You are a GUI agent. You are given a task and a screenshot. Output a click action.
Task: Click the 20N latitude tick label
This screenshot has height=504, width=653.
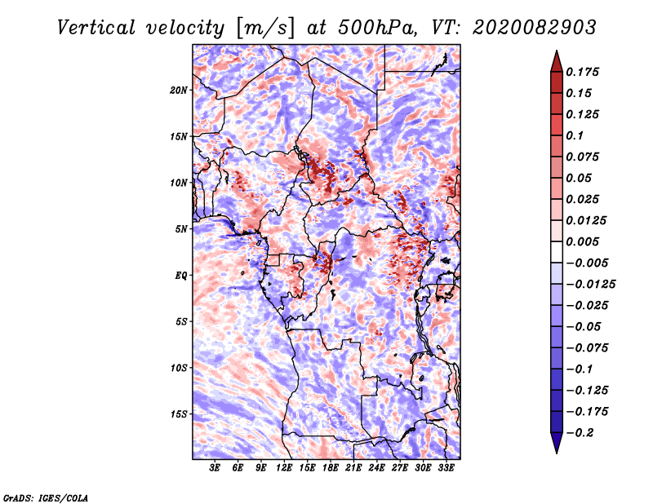[179, 90]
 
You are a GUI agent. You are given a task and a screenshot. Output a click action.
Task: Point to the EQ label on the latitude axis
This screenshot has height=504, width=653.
[181, 275]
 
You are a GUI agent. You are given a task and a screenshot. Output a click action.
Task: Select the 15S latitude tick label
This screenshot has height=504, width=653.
[179, 413]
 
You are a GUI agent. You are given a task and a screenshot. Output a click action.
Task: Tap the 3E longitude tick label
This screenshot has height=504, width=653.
[215, 468]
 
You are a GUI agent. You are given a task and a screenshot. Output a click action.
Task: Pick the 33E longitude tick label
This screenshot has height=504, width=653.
[446, 468]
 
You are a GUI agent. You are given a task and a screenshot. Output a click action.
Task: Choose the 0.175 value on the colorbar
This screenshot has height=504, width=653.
[586, 72]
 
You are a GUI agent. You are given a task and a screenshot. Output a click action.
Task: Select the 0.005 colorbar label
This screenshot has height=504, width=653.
[586, 241]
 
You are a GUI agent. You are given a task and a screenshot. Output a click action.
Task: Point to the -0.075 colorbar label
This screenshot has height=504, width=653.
[589, 347]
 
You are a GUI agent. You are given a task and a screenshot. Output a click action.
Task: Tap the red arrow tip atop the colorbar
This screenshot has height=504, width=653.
[556, 59]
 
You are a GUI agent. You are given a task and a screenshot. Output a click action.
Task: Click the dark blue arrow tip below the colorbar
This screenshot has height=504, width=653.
[556, 444]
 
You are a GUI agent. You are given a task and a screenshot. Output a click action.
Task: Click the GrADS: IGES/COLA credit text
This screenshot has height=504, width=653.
[46, 497]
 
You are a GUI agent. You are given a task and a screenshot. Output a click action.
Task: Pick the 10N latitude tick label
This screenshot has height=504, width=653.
[179, 183]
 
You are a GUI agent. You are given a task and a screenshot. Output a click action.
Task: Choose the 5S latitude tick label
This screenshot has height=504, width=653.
[181, 321]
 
